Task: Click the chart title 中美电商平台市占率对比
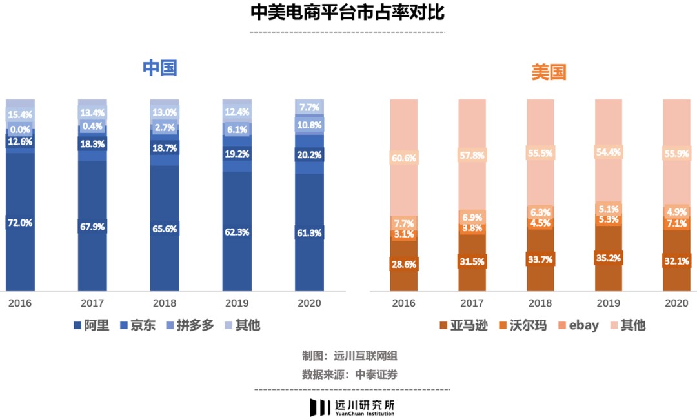click(348, 13)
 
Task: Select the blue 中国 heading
click(160, 68)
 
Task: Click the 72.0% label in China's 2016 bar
click(19, 223)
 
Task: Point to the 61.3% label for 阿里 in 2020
click(308, 233)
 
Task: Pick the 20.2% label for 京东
click(308, 155)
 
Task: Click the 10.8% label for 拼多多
click(308, 125)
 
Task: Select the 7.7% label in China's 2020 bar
click(308, 107)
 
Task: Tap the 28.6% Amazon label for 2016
click(403, 264)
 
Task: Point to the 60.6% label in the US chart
click(403, 158)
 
